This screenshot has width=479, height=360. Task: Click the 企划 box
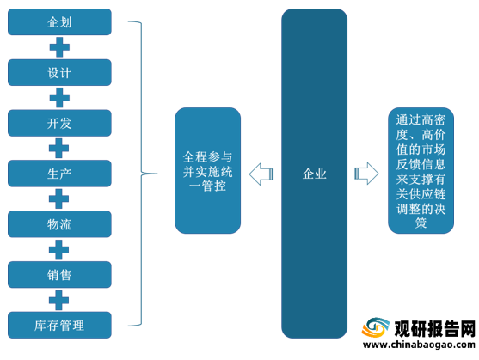pos(59,22)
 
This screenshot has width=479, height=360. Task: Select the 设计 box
pos(59,73)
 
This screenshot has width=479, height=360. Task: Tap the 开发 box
pos(59,123)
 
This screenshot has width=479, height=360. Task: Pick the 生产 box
pos(59,174)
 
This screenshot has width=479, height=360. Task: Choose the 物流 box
pos(59,224)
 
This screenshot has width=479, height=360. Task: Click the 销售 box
pos(59,275)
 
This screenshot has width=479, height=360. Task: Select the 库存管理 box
pos(59,326)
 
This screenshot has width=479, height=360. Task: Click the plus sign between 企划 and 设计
pos(59,47)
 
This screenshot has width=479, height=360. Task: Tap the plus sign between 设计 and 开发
pos(59,98)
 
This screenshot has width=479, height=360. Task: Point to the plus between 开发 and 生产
pos(59,149)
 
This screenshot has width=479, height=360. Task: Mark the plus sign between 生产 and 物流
pos(59,199)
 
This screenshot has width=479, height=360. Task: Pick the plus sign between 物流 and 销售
pos(59,249)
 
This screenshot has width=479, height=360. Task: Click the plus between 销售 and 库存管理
pos(59,300)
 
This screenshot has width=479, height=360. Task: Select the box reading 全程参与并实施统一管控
pos(208,170)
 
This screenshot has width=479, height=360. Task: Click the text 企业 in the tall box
pos(315,174)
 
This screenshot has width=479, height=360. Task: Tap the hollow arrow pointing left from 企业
pos(261,174)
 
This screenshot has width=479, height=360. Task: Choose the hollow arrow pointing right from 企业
pos(366,174)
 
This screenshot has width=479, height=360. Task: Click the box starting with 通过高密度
pos(421,170)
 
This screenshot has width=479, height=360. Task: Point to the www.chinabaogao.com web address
pos(419,345)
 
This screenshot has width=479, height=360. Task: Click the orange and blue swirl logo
pos(376,327)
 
